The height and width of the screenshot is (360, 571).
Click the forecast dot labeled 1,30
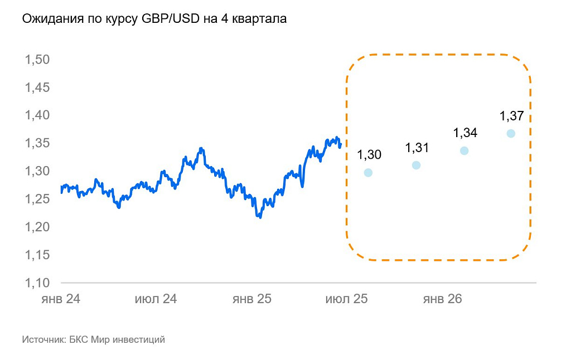pos(368,173)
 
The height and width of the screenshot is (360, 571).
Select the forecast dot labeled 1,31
pos(416,165)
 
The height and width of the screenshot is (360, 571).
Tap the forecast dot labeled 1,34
pos(464,150)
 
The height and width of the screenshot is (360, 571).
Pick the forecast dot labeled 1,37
pos(511,133)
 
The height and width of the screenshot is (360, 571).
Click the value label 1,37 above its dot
pos(511,116)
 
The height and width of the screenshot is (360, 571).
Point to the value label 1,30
pos(369,155)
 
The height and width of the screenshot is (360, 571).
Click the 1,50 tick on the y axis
pos(38,60)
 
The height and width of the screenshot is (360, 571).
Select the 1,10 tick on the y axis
pos(38,282)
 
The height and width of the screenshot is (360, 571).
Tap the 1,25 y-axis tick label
pos(38,199)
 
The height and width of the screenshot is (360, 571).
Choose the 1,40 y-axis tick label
pos(38,115)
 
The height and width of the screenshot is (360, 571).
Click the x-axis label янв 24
pos(61,299)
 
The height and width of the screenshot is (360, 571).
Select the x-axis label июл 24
pos(156,299)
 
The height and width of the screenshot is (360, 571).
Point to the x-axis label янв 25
pos(252,299)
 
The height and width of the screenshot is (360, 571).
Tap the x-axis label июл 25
pos(346,299)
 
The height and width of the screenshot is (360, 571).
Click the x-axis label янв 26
pos(443,299)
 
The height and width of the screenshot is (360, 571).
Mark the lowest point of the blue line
pos(260,217)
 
